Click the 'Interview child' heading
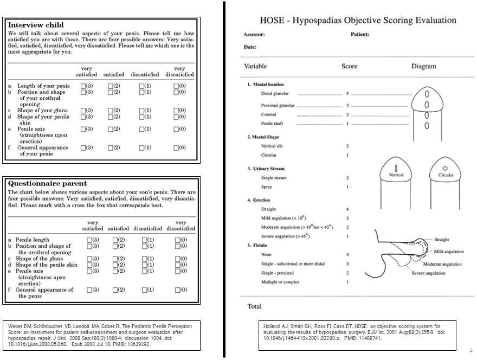[36, 25]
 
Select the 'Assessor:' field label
[254, 35]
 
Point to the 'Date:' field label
[250, 47]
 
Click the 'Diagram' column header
[423, 67]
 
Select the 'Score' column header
[349, 67]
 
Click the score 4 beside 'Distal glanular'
[347, 94]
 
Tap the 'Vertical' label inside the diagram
[396, 175]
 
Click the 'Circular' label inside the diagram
[446, 175]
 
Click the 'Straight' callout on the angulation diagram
[442, 240]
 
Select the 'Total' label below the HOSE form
[255, 306]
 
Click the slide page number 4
[470, 350]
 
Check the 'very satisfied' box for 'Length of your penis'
[83, 86]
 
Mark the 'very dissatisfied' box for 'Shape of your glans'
[176, 111]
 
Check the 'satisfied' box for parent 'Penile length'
[115, 240]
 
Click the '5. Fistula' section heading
[260, 245]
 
